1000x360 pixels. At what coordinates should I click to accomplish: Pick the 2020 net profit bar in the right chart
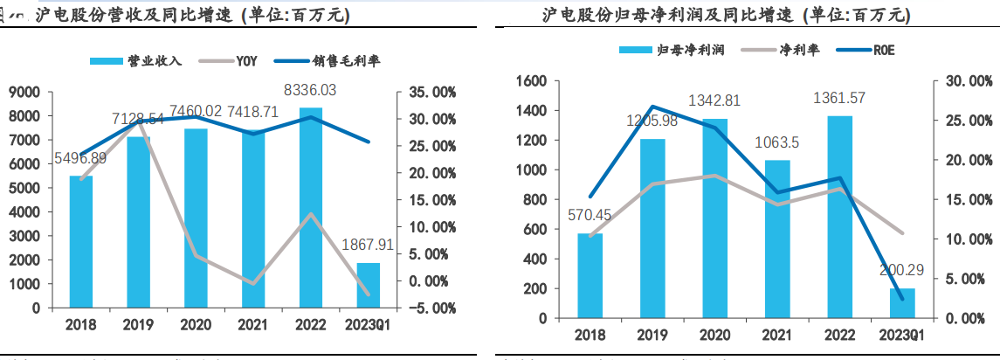tap(715, 218)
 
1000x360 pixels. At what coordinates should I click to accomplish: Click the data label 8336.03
tap(311, 90)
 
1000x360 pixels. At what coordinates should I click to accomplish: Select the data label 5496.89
tap(80, 158)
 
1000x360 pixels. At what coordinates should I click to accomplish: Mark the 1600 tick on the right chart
tap(532, 81)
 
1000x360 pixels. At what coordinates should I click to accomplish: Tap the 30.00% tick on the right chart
tap(965, 81)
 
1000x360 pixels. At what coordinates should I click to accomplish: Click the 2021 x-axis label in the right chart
tap(777, 335)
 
